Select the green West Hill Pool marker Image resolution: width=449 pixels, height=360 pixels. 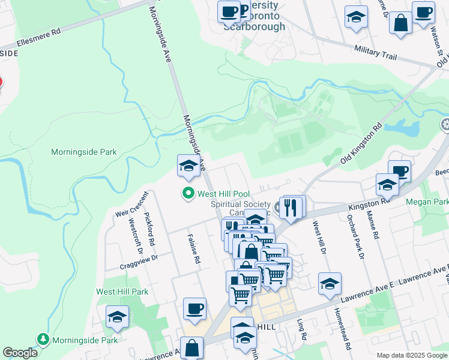click(188, 193)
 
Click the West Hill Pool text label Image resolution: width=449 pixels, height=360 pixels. click(223, 194)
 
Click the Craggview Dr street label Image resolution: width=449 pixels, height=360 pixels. click(138, 258)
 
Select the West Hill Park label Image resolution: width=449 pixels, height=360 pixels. click(122, 292)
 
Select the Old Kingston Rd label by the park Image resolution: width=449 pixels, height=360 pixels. click(361, 144)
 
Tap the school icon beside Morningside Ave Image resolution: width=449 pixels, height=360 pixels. click(188, 166)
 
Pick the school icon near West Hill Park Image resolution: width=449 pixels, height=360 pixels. click(117, 317)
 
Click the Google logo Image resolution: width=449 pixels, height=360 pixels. click(20, 353)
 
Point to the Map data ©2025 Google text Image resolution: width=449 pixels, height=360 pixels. click(412, 355)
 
